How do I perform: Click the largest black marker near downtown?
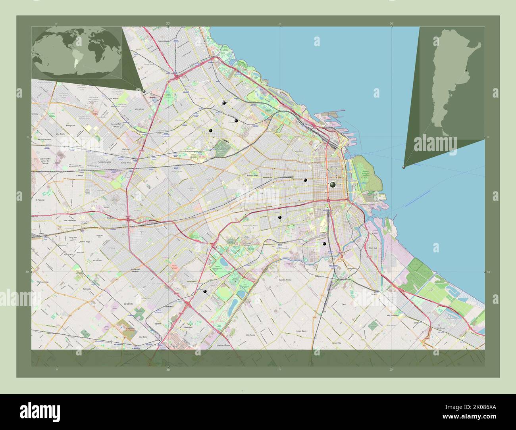(333, 185)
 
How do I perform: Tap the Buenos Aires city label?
(252, 175)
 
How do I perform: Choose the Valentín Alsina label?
(285, 280)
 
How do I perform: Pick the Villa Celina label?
(188, 328)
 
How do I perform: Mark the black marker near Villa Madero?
(205, 292)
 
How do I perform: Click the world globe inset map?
(77, 53)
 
